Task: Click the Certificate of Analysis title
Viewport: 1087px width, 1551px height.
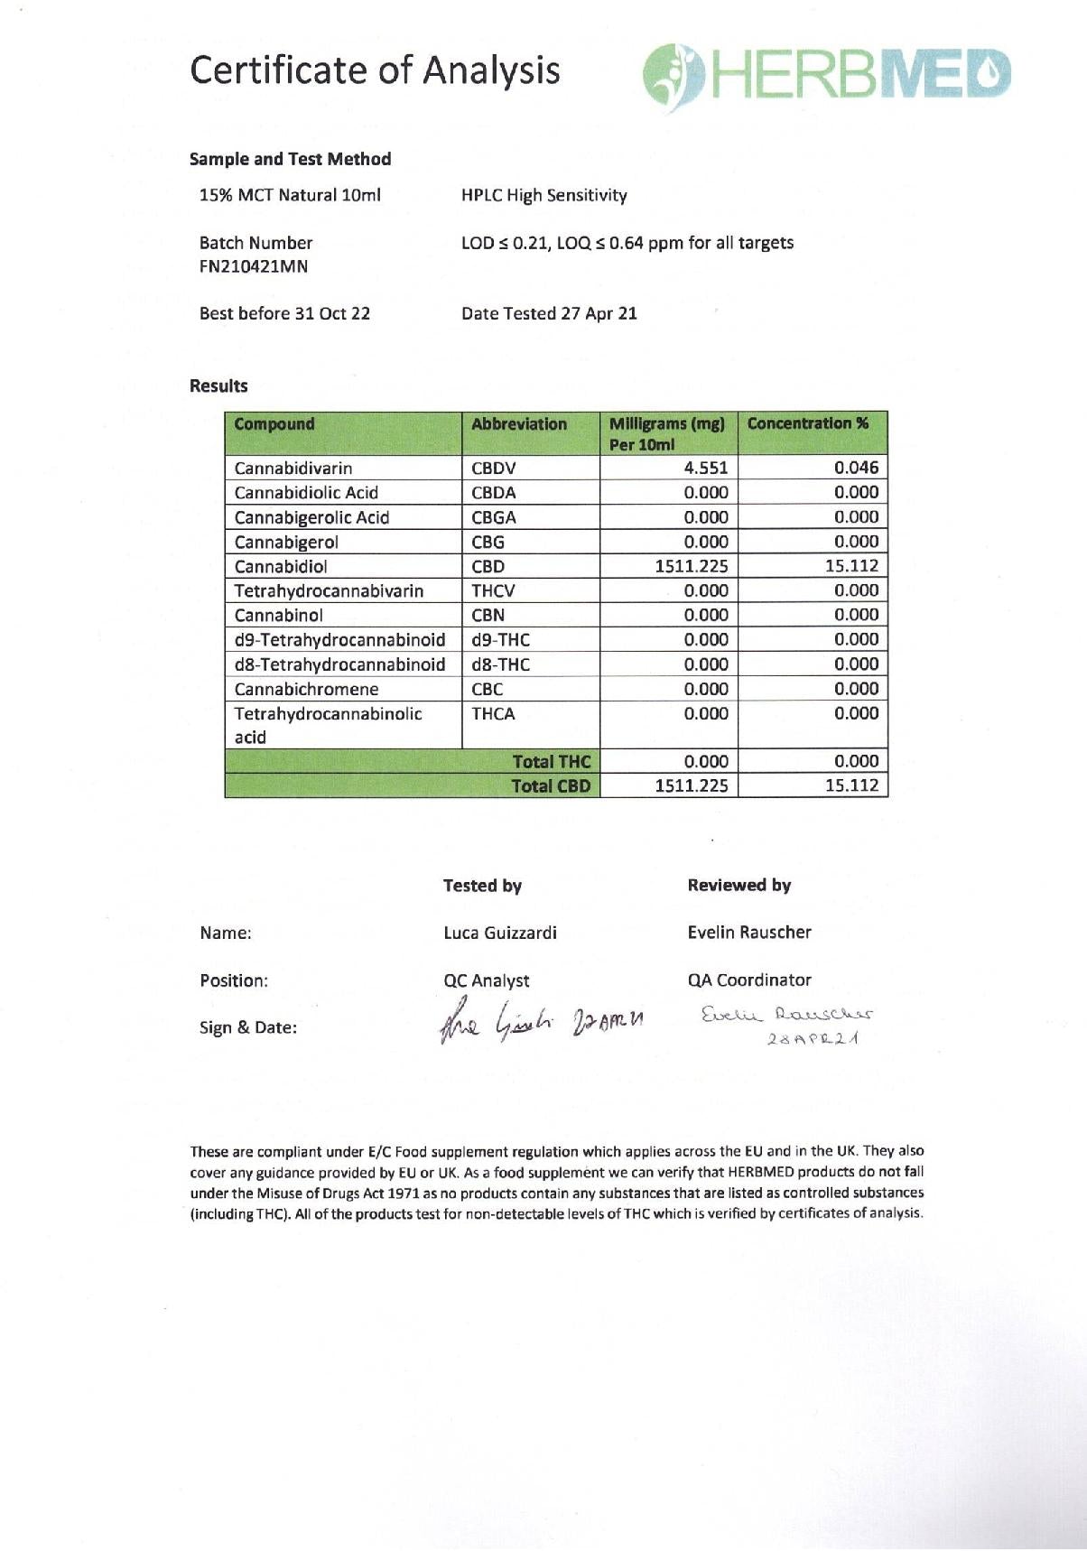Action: (375, 70)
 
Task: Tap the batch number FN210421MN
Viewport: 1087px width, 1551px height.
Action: (254, 266)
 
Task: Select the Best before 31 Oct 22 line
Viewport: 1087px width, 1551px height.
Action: (284, 313)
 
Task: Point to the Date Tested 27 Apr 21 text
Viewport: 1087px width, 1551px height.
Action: (549, 313)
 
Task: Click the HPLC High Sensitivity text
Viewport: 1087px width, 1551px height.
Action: (543, 195)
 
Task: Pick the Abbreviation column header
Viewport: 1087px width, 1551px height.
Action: (519, 424)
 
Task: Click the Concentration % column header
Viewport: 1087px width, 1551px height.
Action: (808, 423)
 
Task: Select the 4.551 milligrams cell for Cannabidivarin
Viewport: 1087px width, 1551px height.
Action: (705, 468)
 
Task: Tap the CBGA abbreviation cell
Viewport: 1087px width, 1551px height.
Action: (494, 517)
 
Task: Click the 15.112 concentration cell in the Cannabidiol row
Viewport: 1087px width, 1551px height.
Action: (851, 566)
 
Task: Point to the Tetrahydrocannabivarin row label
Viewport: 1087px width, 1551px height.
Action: (329, 590)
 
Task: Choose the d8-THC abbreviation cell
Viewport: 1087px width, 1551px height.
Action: (500, 664)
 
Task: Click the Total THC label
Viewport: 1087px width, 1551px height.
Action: (551, 761)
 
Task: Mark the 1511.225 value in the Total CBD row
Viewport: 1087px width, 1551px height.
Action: (691, 785)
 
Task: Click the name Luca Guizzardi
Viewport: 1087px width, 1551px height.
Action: (500, 933)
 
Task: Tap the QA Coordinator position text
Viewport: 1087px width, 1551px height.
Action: (749, 980)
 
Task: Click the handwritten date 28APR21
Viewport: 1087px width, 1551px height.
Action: (813, 1039)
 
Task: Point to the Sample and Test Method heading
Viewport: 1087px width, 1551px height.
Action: (290, 159)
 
